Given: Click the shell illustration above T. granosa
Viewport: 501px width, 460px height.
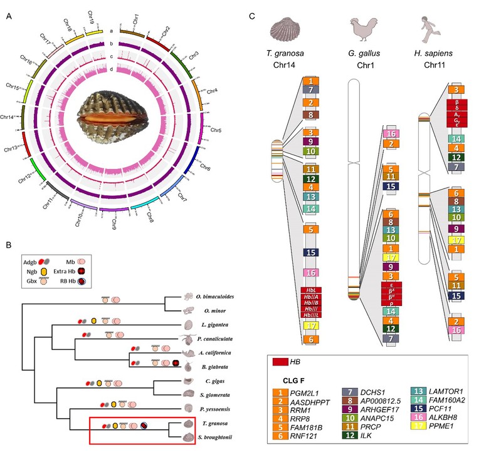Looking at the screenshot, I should (289, 29).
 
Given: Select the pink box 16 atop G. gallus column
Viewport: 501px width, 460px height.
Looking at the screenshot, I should (391, 133).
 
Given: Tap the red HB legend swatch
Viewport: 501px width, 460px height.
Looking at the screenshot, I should (284, 361).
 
